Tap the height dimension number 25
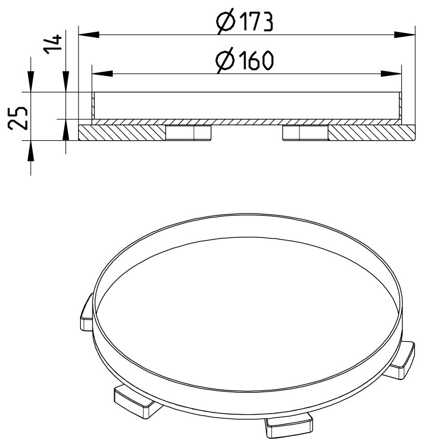coord(18,117)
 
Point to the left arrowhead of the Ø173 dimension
coord(88,34)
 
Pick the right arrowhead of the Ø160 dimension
coord(392,74)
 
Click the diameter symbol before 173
coord(226,22)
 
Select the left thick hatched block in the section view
coord(122,133)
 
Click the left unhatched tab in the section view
coord(188,133)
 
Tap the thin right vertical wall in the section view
coord(401,105)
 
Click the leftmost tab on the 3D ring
coord(86,313)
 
